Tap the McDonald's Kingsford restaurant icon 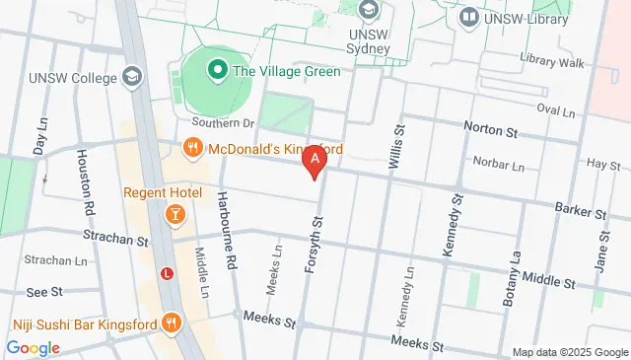pyautogui.click(x=192, y=150)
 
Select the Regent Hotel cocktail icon pyautogui.click(x=174, y=213)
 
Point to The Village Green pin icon pyautogui.click(x=215, y=71)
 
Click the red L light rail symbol pyautogui.click(x=168, y=273)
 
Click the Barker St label pyautogui.click(x=580, y=212)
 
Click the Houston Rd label pyautogui.click(x=86, y=182)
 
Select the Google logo pyautogui.click(x=33, y=347)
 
